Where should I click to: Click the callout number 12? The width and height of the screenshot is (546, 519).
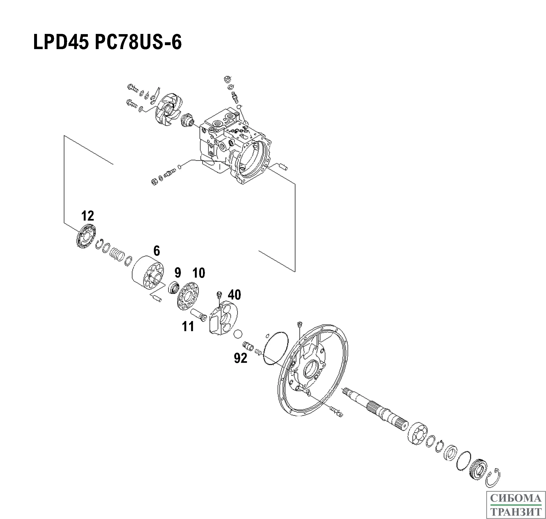(87, 216)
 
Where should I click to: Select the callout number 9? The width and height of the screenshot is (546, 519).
(178, 273)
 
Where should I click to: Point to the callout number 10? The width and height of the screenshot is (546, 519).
(199, 273)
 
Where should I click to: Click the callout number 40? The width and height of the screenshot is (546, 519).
(234, 295)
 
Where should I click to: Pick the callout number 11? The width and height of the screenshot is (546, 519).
(188, 327)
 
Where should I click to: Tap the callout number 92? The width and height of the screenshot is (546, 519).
(240, 358)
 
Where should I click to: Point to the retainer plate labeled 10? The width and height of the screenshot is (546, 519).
(188, 296)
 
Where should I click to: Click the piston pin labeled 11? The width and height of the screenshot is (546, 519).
(198, 315)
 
